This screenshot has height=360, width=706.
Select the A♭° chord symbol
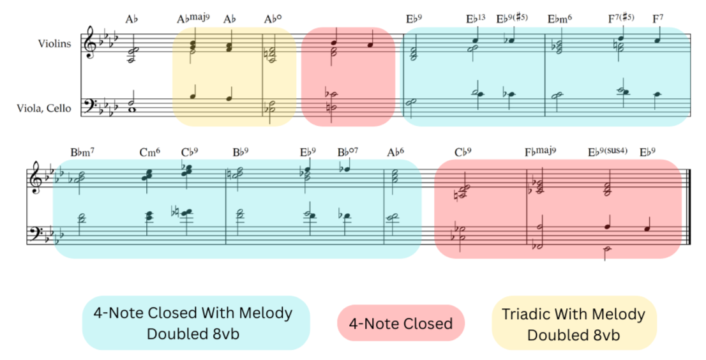273,19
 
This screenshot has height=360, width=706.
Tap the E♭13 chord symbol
476,19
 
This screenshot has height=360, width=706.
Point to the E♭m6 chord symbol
559,19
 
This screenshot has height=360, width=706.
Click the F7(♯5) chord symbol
620,19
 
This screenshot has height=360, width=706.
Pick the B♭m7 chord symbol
84,153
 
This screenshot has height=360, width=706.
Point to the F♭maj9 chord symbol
540,153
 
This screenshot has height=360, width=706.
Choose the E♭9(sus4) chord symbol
608,153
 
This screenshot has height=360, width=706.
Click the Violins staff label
54,43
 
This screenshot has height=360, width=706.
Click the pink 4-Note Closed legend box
400,324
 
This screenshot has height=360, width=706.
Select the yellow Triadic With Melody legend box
573,323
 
